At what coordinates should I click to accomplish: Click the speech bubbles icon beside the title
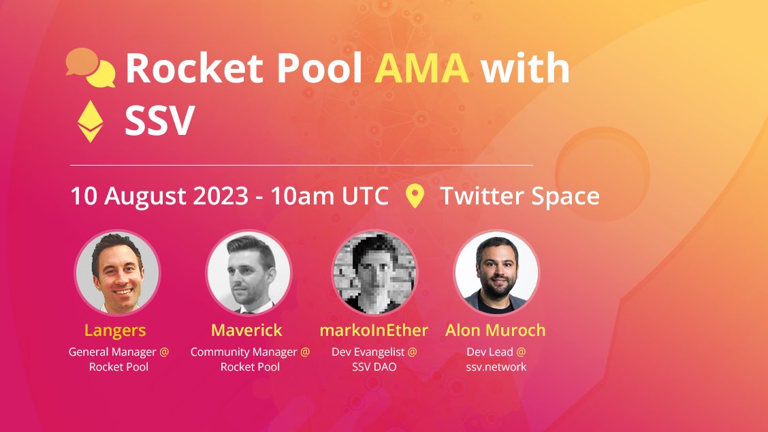tap(91, 67)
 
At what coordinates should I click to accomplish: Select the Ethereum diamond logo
tap(89, 121)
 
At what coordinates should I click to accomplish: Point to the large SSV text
tap(159, 121)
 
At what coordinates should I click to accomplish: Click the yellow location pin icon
tap(415, 196)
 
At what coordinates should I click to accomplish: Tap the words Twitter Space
tap(519, 196)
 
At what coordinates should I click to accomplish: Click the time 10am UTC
tap(330, 196)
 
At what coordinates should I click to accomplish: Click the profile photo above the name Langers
tap(117, 272)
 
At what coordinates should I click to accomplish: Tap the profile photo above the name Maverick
tap(249, 272)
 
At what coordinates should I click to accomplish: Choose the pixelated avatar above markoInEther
tap(374, 272)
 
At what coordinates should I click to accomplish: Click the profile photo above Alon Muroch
tap(496, 272)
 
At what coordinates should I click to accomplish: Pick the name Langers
tap(115, 330)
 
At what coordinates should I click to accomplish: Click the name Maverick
tap(246, 330)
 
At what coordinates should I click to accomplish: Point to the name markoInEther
tap(374, 330)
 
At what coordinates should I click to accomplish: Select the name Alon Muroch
tap(496, 330)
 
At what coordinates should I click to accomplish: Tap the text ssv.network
tap(496, 367)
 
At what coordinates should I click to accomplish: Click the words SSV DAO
tap(374, 367)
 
